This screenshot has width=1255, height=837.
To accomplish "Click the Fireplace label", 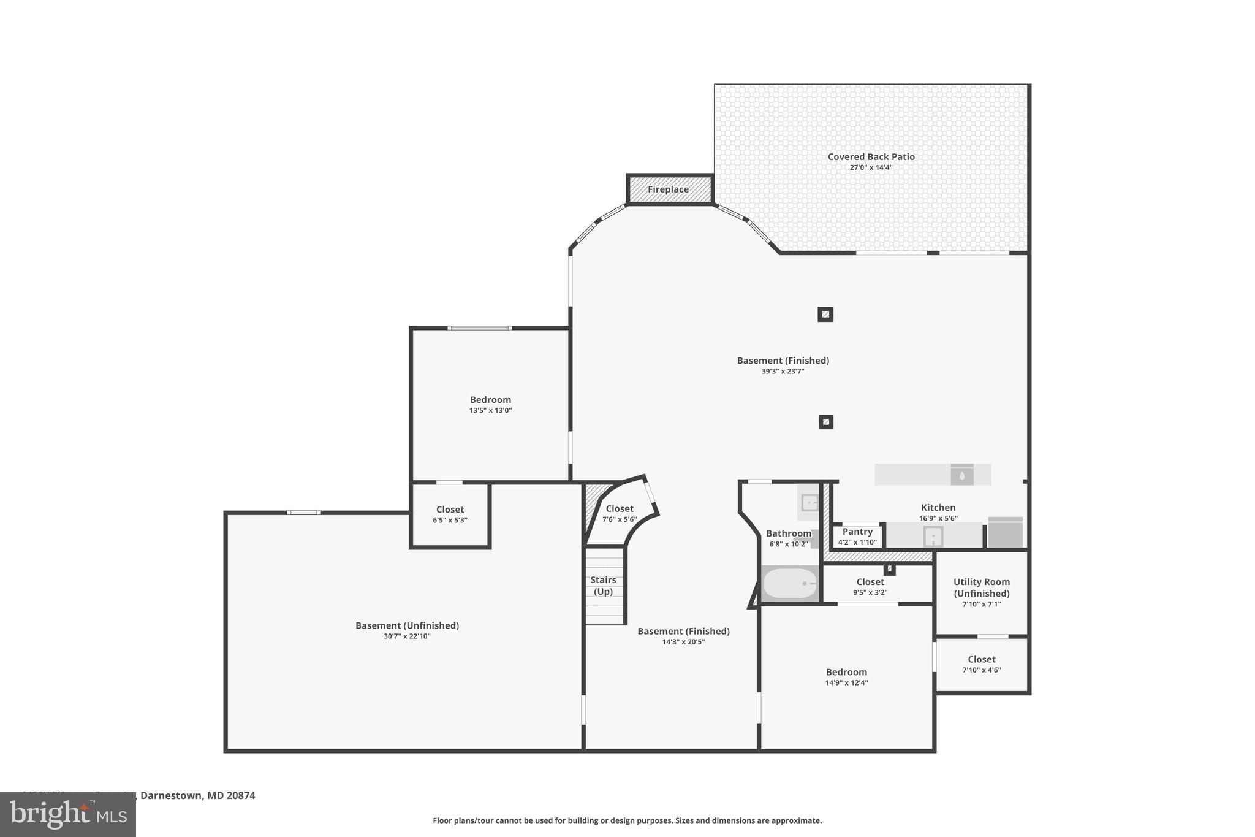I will pos(668,189).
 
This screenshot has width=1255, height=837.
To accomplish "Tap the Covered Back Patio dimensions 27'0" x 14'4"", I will pos(871,167).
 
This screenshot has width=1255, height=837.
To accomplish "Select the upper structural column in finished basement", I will pos(825,315).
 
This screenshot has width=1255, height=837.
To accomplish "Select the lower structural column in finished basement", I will pos(826,422).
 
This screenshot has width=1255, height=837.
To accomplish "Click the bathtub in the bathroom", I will pos(790,583).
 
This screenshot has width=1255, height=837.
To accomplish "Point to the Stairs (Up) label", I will pos(603,586).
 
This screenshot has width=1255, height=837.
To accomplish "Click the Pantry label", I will pos(857,532).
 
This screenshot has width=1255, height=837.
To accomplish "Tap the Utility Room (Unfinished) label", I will pos(981,587).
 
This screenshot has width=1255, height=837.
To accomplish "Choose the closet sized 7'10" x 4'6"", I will pos(981,664).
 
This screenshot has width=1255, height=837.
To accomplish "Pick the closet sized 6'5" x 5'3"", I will pos(450,514).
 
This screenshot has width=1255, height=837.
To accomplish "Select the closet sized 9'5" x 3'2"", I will pos(870,586).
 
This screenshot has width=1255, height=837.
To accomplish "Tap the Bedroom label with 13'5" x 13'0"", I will pos(490,400).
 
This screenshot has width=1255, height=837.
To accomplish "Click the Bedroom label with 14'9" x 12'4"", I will pos(846,672).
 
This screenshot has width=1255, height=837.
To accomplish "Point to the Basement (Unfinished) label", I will pos(407,625).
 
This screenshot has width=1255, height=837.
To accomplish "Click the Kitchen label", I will pos(938,508).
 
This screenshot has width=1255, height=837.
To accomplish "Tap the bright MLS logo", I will pos(68,814).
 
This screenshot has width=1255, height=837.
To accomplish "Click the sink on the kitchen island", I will pos(961,475).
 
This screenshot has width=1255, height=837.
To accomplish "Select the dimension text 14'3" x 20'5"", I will pos(683,642).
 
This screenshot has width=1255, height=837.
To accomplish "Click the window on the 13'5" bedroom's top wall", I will pos(480,328).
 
